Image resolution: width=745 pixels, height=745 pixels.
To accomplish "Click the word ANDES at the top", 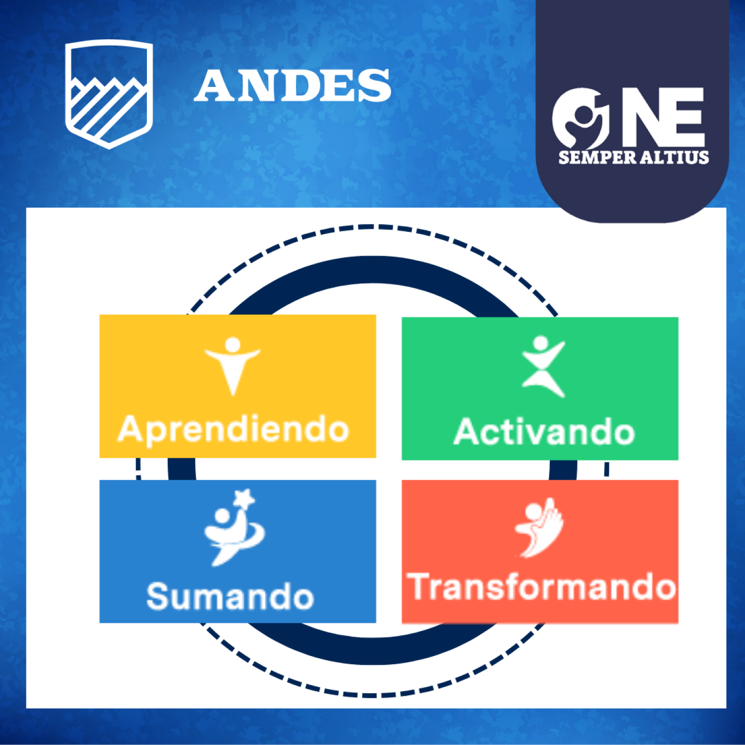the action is [292, 85].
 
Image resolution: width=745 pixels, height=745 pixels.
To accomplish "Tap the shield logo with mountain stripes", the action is [109, 94].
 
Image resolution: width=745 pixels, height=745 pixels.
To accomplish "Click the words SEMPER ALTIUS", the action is [634, 157].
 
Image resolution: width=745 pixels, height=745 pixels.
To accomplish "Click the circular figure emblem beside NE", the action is [580, 118].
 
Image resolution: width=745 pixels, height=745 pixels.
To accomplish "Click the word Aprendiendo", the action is [233, 430].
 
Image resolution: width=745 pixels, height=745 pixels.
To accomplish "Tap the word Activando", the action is [544, 431].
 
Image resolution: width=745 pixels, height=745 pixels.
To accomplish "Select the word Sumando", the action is [230, 597].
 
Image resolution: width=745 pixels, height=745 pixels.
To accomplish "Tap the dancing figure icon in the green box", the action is [543, 366].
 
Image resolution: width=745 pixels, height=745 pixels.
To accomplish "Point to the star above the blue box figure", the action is [245, 498].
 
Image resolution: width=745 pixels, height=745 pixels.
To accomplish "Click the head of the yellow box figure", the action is [233, 344].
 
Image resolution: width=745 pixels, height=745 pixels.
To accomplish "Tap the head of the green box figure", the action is [541, 343].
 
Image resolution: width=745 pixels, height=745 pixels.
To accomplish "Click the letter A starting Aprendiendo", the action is [129, 428].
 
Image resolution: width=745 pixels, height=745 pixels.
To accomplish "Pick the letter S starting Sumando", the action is [157, 597].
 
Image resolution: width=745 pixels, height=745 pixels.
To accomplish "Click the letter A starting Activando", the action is [466, 431].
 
